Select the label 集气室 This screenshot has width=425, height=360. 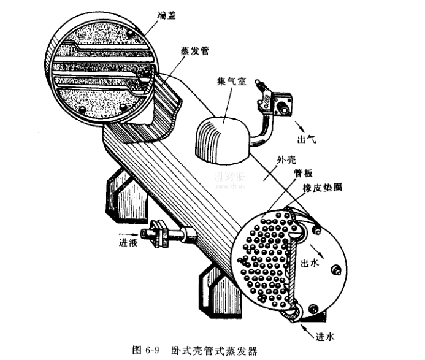point(232,81)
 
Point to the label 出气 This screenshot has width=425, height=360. point(307,139)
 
